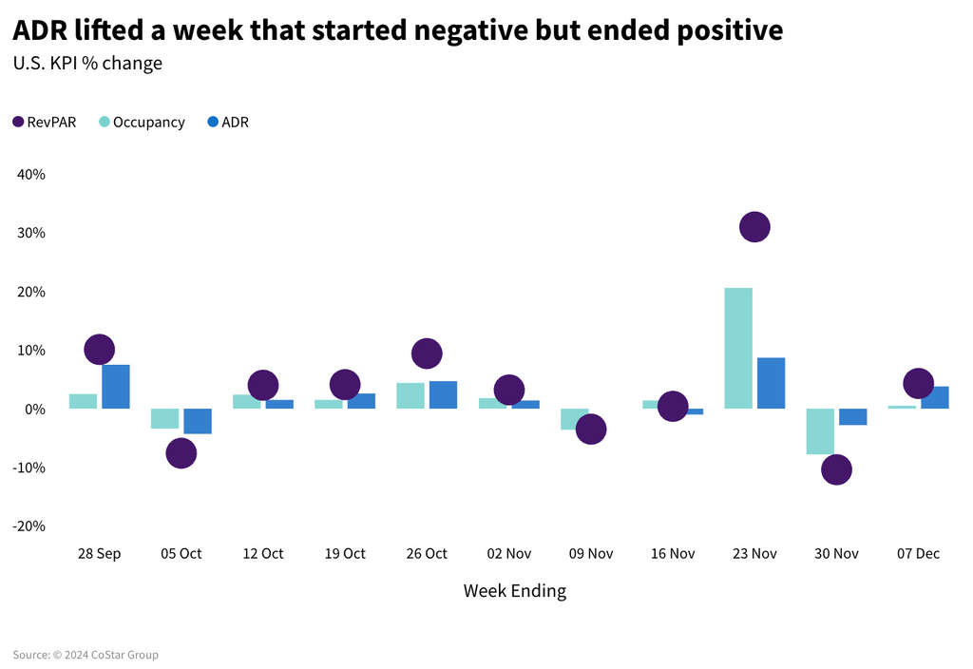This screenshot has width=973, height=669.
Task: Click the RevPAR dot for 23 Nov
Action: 754,227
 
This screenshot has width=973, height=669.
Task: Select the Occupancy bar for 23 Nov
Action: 738,348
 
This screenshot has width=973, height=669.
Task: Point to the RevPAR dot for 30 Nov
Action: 836,469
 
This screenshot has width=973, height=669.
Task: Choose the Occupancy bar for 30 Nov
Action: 820,431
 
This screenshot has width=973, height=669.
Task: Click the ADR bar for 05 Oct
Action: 198,421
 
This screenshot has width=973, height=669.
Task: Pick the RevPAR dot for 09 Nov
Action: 590,430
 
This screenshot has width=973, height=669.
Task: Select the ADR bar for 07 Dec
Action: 935,397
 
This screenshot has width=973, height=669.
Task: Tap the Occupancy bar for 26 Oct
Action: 410,396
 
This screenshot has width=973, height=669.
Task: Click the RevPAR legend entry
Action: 45,123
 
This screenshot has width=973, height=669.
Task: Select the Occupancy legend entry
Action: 142,123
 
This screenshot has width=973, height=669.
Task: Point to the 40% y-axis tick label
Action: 30,175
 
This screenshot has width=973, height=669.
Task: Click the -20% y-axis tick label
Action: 29,526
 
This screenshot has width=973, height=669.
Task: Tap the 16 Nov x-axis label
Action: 672,554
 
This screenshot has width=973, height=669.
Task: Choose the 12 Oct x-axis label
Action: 263,554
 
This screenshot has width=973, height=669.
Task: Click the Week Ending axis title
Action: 514,591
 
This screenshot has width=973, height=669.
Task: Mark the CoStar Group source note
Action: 86,655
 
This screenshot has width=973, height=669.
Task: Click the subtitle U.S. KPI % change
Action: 87,64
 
